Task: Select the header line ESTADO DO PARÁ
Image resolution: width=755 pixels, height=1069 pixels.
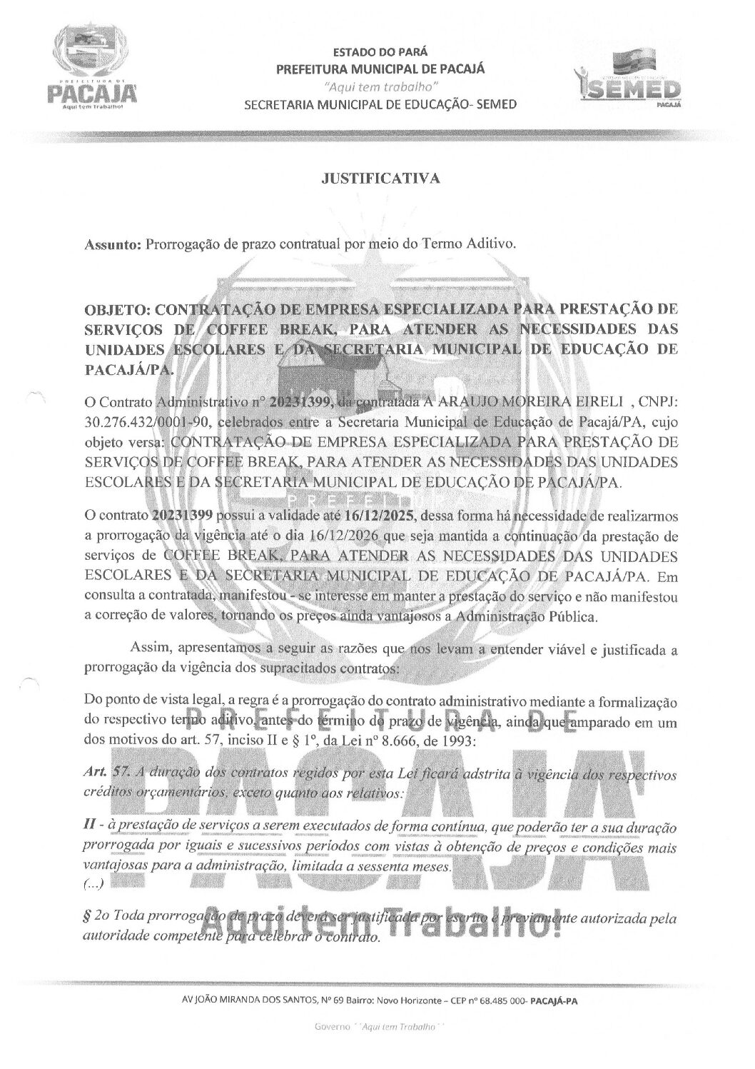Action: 380,52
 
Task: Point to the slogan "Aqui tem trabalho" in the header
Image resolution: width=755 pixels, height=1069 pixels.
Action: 380,86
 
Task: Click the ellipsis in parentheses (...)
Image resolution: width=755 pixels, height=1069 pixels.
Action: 94,884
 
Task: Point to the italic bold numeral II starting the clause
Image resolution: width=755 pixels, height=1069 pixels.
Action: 91,827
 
